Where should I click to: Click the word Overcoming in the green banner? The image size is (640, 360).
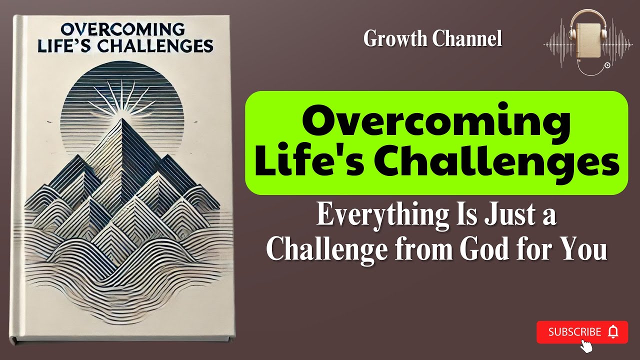pos(436,122)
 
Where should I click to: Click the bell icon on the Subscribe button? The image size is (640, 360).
pos(613,332)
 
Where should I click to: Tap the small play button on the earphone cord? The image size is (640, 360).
pos(607,65)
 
